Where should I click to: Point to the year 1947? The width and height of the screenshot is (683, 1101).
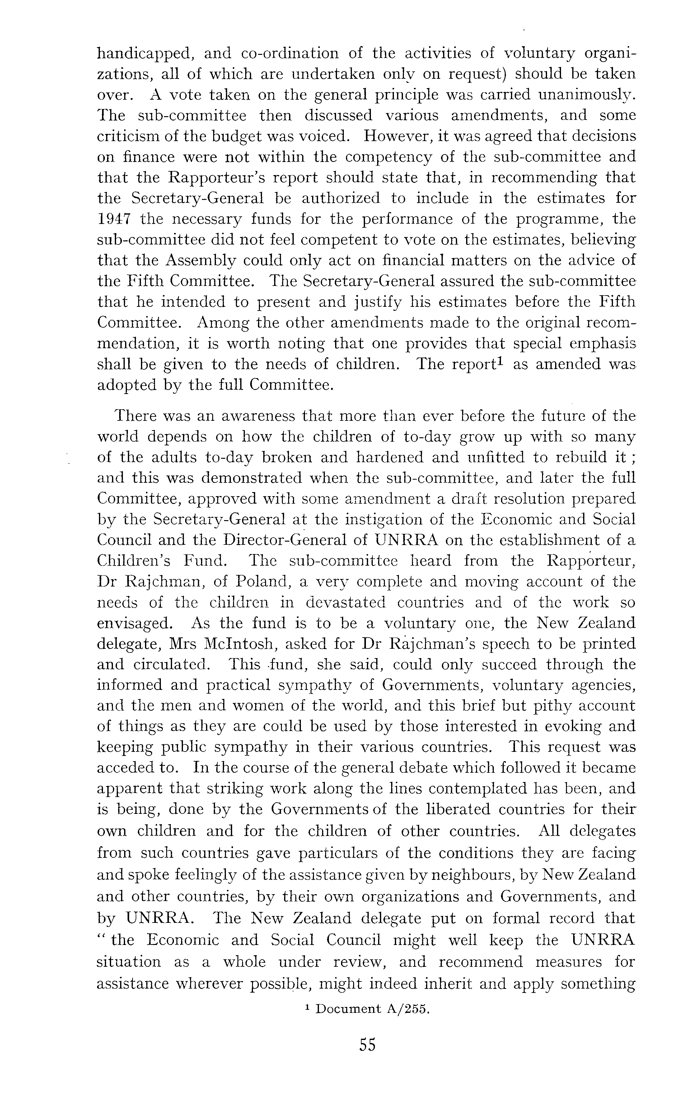click(x=114, y=219)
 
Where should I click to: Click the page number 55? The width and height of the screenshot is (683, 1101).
click(x=367, y=1067)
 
